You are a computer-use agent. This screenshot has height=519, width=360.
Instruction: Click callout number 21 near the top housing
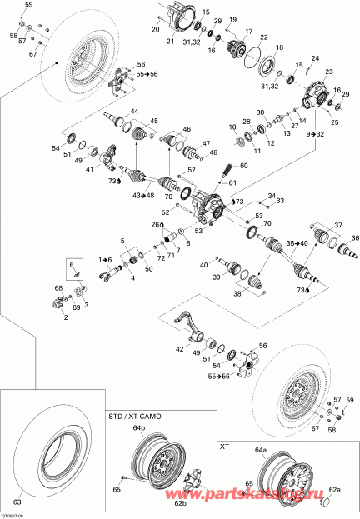(170, 41)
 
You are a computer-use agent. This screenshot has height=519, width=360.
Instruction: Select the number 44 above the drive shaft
(132, 111)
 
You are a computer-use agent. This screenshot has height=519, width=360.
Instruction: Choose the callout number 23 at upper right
(328, 72)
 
